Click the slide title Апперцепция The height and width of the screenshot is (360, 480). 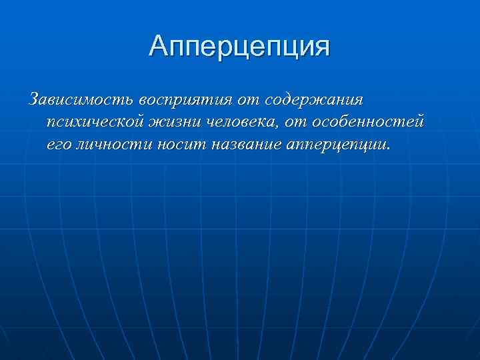click(240, 46)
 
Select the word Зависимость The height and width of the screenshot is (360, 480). click(81, 100)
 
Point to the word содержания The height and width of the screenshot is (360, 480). click(315, 100)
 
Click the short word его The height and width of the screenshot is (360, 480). click(59, 145)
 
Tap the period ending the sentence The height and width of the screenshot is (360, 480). click(387, 149)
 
